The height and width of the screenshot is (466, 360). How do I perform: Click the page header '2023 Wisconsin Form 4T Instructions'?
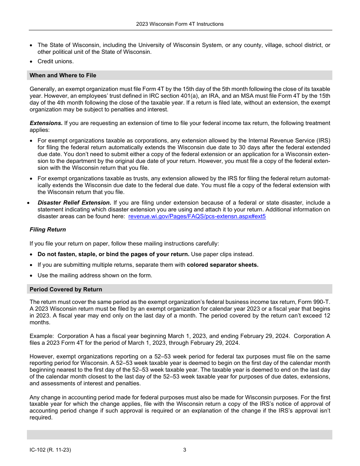[x=180, y=24]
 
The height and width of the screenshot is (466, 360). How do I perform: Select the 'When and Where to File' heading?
[x=63, y=75]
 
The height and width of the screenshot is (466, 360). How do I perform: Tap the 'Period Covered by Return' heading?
[x=66, y=289]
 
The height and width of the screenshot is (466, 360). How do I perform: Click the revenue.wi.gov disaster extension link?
[x=197, y=217]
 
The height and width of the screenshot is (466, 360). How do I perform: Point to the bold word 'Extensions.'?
[x=46, y=123]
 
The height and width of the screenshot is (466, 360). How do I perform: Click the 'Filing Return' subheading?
[x=48, y=230]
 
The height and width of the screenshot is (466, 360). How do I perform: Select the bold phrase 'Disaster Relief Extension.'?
[x=74, y=203]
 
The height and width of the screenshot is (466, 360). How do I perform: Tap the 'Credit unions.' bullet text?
[x=56, y=61]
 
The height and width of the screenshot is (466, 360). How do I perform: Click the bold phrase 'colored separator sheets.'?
[x=222, y=265]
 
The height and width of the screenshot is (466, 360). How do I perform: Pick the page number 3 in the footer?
[x=185, y=450]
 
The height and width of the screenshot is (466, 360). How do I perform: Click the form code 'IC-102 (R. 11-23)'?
[x=50, y=450]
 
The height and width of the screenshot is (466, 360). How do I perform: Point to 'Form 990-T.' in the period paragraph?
[x=314, y=302]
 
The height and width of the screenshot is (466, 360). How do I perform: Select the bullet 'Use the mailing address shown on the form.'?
[x=95, y=275]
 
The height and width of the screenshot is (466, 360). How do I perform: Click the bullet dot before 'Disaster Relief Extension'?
[x=28, y=203]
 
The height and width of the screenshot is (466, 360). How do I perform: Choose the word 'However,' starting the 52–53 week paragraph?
[x=41, y=357]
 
